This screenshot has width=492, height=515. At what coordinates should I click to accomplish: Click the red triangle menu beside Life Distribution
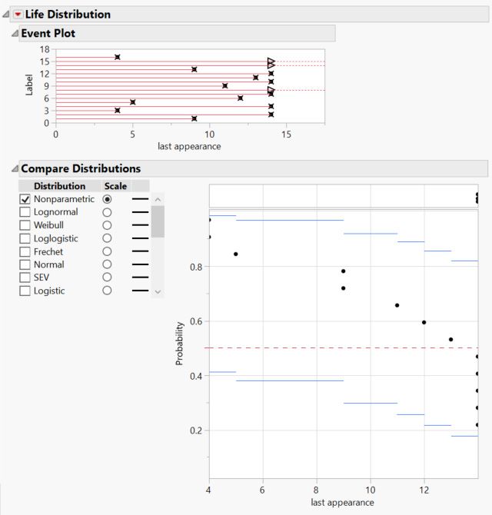(x=18, y=14)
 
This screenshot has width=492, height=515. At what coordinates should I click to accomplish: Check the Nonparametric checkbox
(x=25, y=199)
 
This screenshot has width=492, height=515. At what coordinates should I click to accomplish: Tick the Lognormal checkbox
(x=25, y=212)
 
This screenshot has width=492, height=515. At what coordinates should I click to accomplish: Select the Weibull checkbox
(x=25, y=225)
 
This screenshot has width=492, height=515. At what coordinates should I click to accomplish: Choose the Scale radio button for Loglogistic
(x=107, y=238)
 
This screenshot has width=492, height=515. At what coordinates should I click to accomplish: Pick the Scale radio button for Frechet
(x=107, y=251)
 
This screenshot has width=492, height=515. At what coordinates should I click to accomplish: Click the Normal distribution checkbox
(x=25, y=264)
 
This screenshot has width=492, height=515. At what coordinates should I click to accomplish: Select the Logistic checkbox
(x=25, y=291)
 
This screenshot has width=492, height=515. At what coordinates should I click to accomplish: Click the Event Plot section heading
(x=48, y=33)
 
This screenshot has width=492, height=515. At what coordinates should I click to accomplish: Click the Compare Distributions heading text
(x=81, y=168)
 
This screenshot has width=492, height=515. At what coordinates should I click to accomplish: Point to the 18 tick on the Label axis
(x=45, y=49)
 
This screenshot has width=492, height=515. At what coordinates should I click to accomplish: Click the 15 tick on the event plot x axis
(x=286, y=133)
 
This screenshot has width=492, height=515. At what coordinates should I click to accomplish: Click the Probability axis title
(x=180, y=343)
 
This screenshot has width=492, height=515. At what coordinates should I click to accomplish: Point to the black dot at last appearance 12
(x=424, y=322)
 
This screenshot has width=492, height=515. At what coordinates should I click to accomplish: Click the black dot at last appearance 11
(x=397, y=305)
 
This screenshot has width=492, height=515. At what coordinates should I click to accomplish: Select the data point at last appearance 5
(x=235, y=254)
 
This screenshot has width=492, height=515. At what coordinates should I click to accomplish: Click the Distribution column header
(x=60, y=186)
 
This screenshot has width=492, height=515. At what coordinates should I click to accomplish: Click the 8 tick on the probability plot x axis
(x=316, y=490)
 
